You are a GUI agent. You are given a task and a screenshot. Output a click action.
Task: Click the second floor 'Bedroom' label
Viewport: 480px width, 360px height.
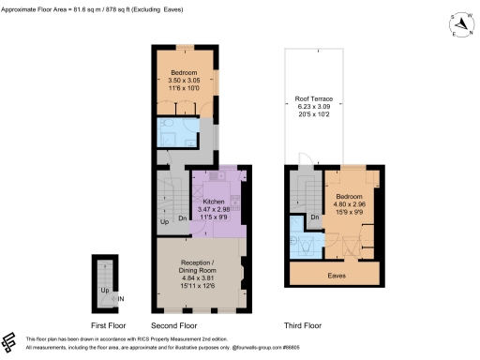click(184, 72)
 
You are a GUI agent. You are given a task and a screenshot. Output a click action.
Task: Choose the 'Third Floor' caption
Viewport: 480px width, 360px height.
click(302, 325)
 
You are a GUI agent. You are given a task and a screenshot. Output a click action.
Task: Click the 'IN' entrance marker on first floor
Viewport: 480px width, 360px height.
click(121, 299)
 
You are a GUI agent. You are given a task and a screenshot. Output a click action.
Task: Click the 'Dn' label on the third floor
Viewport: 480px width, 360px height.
click(314, 217)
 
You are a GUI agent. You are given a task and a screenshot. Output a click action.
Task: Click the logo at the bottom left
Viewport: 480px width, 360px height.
click(11, 341)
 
